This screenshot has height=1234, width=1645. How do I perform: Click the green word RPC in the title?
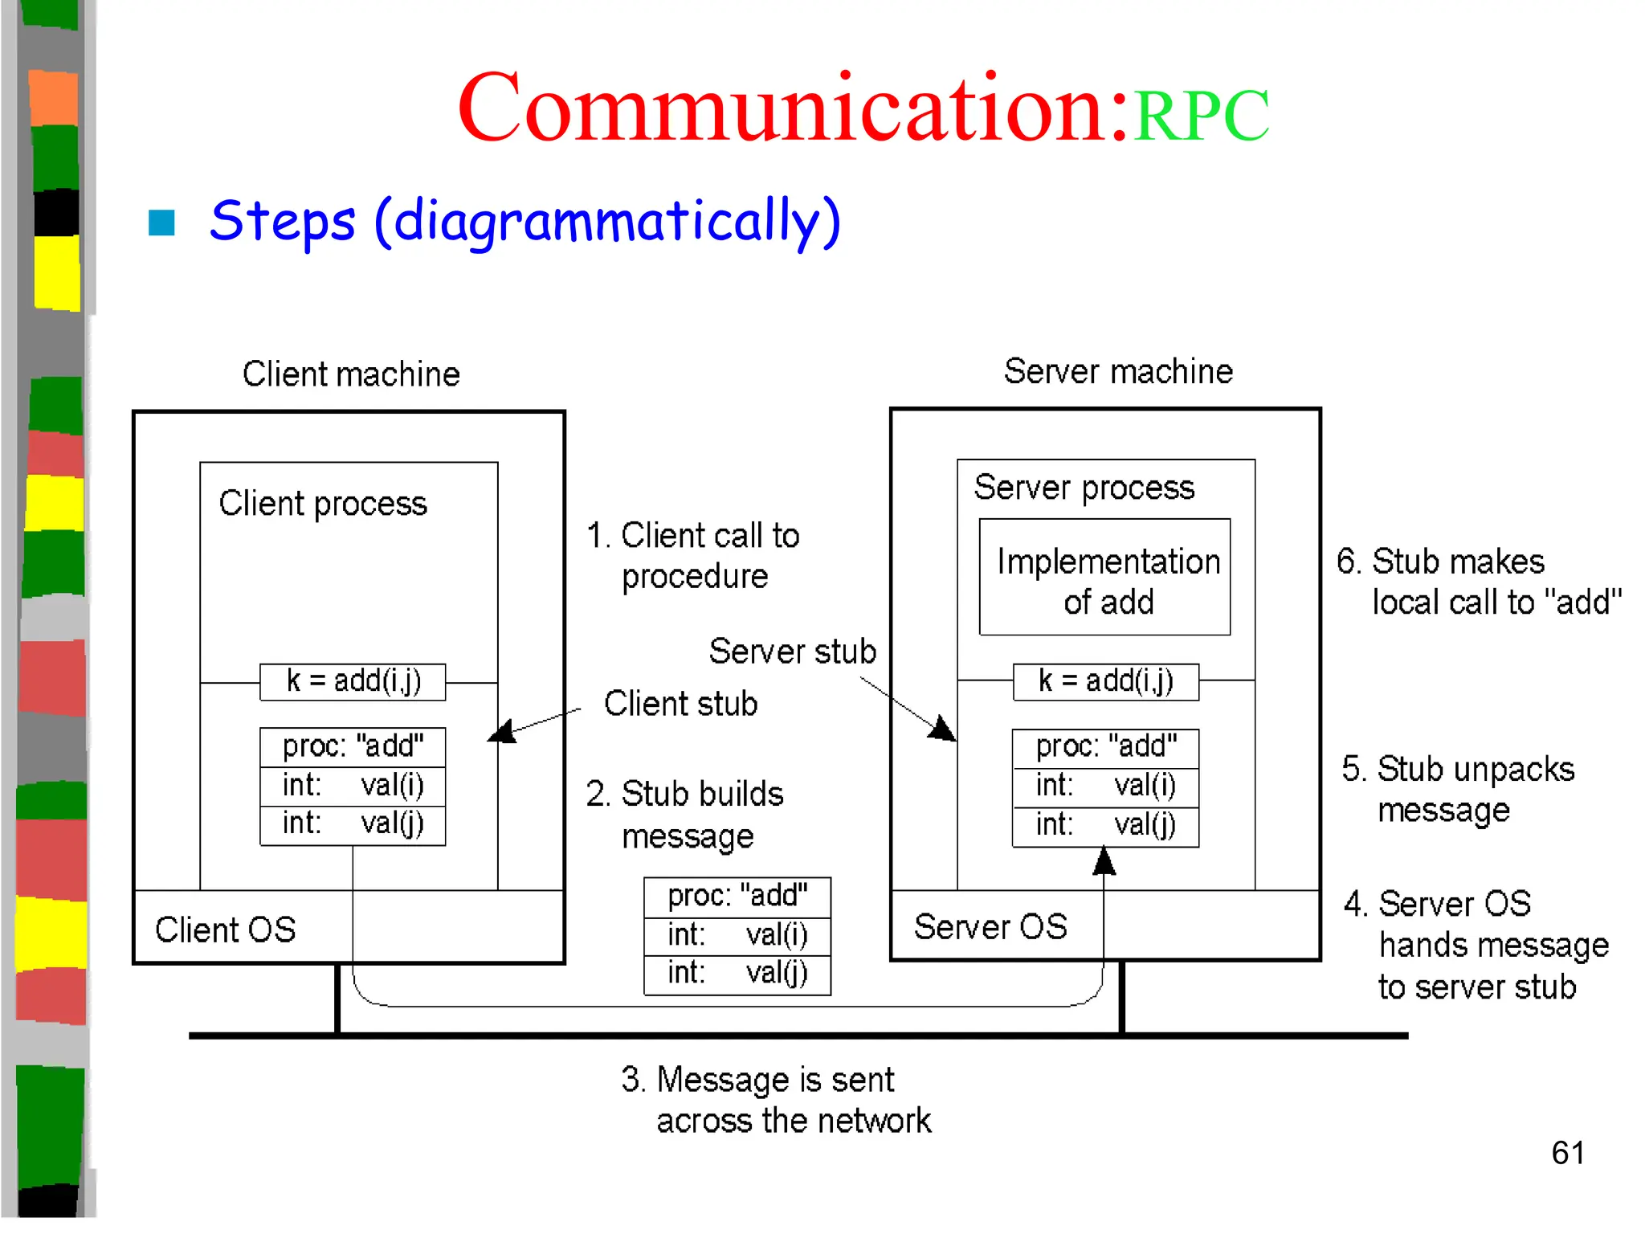click(x=1201, y=116)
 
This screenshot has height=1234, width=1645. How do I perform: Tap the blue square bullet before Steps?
click(x=161, y=223)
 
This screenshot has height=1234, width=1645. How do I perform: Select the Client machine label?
click(x=351, y=374)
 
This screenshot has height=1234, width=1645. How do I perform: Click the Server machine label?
click(x=1118, y=372)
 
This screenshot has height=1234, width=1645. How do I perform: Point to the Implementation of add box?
click(x=1104, y=577)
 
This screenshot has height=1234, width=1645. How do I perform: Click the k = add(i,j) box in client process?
click(x=353, y=681)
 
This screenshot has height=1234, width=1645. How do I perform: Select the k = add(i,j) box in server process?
click(x=1105, y=681)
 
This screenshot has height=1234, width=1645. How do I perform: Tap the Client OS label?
click(x=225, y=930)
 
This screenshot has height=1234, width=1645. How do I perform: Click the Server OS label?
click(x=990, y=927)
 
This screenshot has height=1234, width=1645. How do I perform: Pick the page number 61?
click(x=1567, y=1153)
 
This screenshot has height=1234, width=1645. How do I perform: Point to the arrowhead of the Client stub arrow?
click(x=500, y=733)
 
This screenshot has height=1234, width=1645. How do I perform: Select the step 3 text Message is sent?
click(x=775, y=1099)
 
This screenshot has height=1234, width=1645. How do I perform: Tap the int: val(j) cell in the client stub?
click(x=353, y=825)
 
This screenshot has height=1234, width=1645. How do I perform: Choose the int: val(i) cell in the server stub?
click(x=1105, y=786)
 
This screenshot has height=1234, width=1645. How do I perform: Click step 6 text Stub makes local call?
click(x=1478, y=582)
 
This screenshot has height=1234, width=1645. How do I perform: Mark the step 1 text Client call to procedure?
click(x=693, y=556)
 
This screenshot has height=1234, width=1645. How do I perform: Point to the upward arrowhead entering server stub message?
click(x=1104, y=861)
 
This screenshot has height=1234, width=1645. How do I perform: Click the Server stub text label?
click(x=792, y=652)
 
